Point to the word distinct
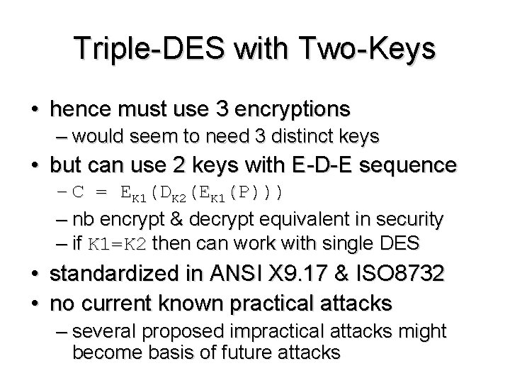[281, 135]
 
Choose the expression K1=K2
[117, 244]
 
